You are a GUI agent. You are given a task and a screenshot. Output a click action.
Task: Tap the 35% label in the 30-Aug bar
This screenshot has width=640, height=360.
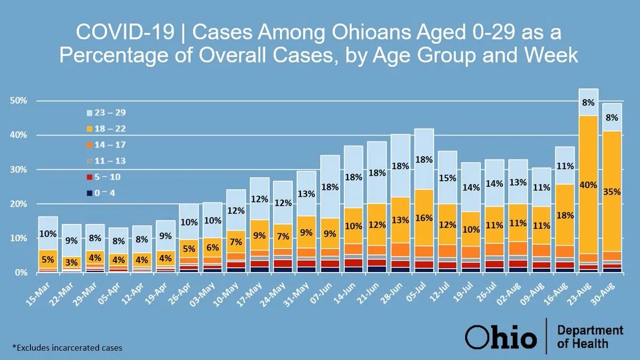pyautogui.click(x=612, y=192)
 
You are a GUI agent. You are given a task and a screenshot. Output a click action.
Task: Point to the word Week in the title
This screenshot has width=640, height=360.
pyautogui.click(x=552, y=55)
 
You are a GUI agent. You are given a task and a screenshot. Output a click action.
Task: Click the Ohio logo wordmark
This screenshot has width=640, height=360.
pyautogui.click(x=500, y=337)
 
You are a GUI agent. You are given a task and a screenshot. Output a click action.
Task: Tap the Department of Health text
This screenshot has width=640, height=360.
pyautogui.click(x=590, y=337)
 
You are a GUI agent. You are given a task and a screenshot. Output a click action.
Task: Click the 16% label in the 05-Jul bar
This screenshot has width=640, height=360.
pyautogui.click(x=425, y=218)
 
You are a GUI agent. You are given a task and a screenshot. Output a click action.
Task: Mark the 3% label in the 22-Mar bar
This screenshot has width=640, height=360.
pyautogui.click(x=71, y=262)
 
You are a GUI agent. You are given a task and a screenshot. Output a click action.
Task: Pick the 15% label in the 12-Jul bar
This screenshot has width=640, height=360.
pyautogui.click(x=447, y=178)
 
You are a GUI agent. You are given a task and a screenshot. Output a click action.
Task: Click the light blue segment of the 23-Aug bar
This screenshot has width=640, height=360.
pyautogui.click(x=588, y=102)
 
